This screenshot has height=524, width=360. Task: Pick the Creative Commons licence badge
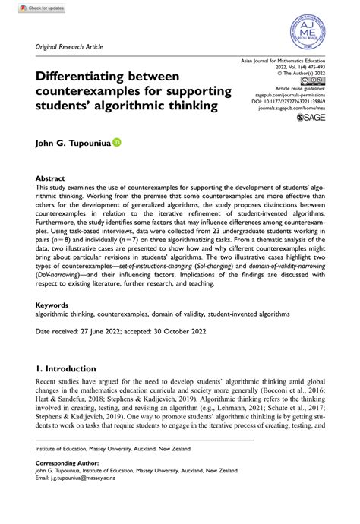[x=316, y=80]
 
